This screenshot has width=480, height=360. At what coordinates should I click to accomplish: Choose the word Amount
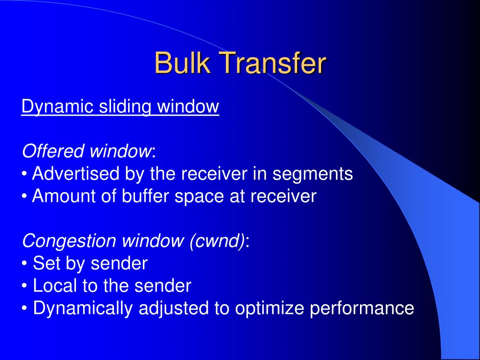tap(61, 196)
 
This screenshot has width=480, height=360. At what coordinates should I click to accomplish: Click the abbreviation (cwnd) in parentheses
tap(217, 241)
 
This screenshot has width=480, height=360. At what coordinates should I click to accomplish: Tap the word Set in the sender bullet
tap(44, 263)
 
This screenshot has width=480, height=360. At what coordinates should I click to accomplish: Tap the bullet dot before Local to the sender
tap(24, 286)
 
